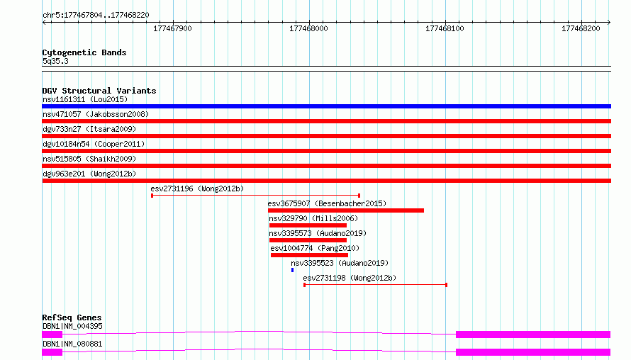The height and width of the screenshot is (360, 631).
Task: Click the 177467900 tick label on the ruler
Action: point(172,28)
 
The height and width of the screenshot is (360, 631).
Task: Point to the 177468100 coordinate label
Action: point(445,28)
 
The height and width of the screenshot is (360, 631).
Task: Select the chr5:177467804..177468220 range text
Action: point(96,16)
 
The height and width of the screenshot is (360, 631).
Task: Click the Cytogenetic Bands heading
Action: point(84,52)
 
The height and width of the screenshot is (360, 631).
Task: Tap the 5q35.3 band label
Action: point(55,61)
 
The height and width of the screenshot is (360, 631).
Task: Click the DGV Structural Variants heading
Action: point(99,91)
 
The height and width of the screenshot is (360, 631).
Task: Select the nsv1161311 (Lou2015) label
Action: point(85,99)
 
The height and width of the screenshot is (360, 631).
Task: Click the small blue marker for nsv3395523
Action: point(293,270)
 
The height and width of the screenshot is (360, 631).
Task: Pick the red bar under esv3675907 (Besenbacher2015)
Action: point(346,210)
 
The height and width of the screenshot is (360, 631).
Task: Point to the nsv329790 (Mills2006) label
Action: point(313,218)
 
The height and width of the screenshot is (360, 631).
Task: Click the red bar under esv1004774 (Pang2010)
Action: point(309,255)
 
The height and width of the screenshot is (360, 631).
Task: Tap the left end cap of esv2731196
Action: point(152,196)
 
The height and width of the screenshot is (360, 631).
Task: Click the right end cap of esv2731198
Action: point(446,285)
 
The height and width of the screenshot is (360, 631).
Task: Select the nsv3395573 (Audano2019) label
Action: point(318,233)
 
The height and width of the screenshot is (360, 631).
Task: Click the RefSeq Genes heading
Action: point(72,317)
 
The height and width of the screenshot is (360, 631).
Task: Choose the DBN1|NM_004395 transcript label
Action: point(72,326)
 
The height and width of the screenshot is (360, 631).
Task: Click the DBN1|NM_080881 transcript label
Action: point(72,344)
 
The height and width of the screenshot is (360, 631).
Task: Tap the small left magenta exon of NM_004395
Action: point(52,334)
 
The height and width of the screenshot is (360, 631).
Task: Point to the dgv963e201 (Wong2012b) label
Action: point(89,174)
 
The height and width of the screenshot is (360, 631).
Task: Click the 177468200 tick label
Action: point(581,28)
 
